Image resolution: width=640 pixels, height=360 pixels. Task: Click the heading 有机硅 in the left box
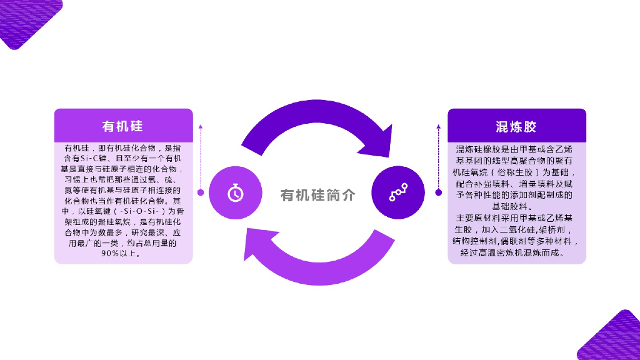tap(122, 126)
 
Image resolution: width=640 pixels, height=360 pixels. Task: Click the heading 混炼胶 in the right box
tap(516, 127)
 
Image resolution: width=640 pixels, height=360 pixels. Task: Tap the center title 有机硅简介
tap(318, 195)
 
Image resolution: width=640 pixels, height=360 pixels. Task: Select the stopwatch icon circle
tap(235, 193)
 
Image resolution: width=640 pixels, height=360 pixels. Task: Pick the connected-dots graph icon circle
tap(398, 193)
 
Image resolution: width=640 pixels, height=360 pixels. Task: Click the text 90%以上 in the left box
tap(122, 254)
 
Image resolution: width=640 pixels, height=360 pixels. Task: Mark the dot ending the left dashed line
tap(201, 192)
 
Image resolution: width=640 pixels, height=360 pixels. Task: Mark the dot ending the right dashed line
tap(438, 192)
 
